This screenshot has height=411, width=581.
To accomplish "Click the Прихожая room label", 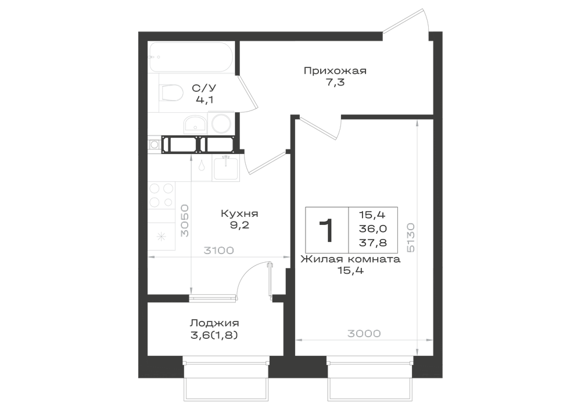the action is [x=335, y=71].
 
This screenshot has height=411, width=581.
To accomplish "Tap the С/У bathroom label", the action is [x=204, y=88].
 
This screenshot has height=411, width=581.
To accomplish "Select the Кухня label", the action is [x=239, y=214].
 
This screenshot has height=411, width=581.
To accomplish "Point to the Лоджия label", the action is [x=214, y=323].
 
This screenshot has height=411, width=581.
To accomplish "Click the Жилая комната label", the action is [x=350, y=259].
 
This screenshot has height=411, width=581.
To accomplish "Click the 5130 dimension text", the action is [x=410, y=238].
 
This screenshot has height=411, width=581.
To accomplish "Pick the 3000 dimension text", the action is [x=364, y=334].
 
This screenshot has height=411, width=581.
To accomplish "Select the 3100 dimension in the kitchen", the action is [x=218, y=251].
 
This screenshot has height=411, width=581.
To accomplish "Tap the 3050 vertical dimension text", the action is [x=185, y=220].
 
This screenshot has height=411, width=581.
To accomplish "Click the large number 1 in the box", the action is [x=327, y=230].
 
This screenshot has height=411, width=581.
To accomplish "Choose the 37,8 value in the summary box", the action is [x=372, y=243].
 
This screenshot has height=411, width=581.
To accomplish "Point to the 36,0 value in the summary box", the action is [x=372, y=228].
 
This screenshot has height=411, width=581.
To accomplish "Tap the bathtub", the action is [x=191, y=57].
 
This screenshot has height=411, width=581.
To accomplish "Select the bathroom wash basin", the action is [x=195, y=124].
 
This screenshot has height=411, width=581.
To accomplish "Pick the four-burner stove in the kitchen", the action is [x=161, y=195].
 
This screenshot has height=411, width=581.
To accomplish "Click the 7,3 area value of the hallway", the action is [x=335, y=83].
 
